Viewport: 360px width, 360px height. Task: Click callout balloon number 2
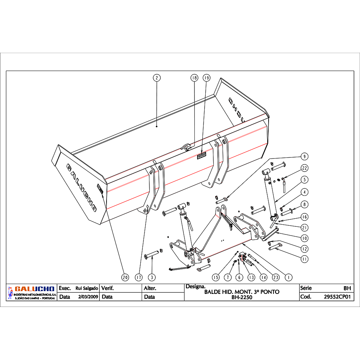157,78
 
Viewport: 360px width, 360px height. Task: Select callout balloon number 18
194,78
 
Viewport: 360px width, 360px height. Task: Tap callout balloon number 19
207,78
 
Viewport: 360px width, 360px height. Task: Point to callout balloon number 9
304,156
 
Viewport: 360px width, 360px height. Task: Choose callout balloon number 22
304,168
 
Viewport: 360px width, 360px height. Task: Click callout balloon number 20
125,277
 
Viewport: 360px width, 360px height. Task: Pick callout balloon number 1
289,277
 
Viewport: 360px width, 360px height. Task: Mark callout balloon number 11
304,259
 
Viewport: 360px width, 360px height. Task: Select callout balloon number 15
216,277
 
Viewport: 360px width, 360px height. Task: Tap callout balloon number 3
152,277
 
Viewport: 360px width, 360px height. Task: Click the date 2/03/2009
88,297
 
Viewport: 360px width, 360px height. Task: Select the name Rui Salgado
87,288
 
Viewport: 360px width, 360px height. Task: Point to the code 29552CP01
337,297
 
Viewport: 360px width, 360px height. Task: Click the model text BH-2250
242,297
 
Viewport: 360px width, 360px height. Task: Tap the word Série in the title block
306,288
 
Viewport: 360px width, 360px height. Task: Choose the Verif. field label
108,288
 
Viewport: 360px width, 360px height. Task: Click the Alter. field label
150,288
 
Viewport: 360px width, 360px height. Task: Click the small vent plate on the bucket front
201,156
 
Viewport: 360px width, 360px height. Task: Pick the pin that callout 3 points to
152,254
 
